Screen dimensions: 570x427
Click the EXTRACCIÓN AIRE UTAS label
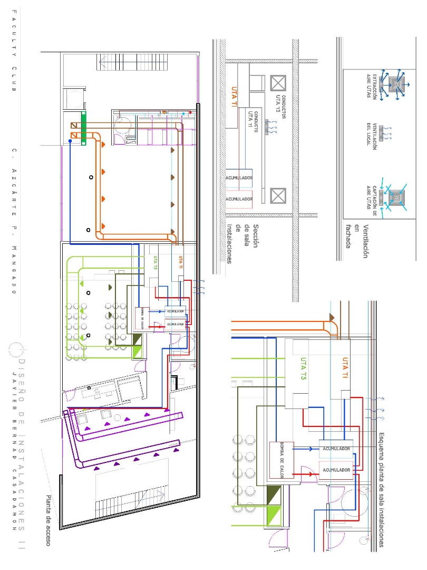coord(372,85)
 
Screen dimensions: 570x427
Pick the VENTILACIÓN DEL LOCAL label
coord(372,137)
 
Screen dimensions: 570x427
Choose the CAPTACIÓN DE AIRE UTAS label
coord(372,197)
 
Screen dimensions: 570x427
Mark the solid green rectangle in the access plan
coord(83,128)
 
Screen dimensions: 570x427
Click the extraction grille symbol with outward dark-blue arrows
coord(395,84)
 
